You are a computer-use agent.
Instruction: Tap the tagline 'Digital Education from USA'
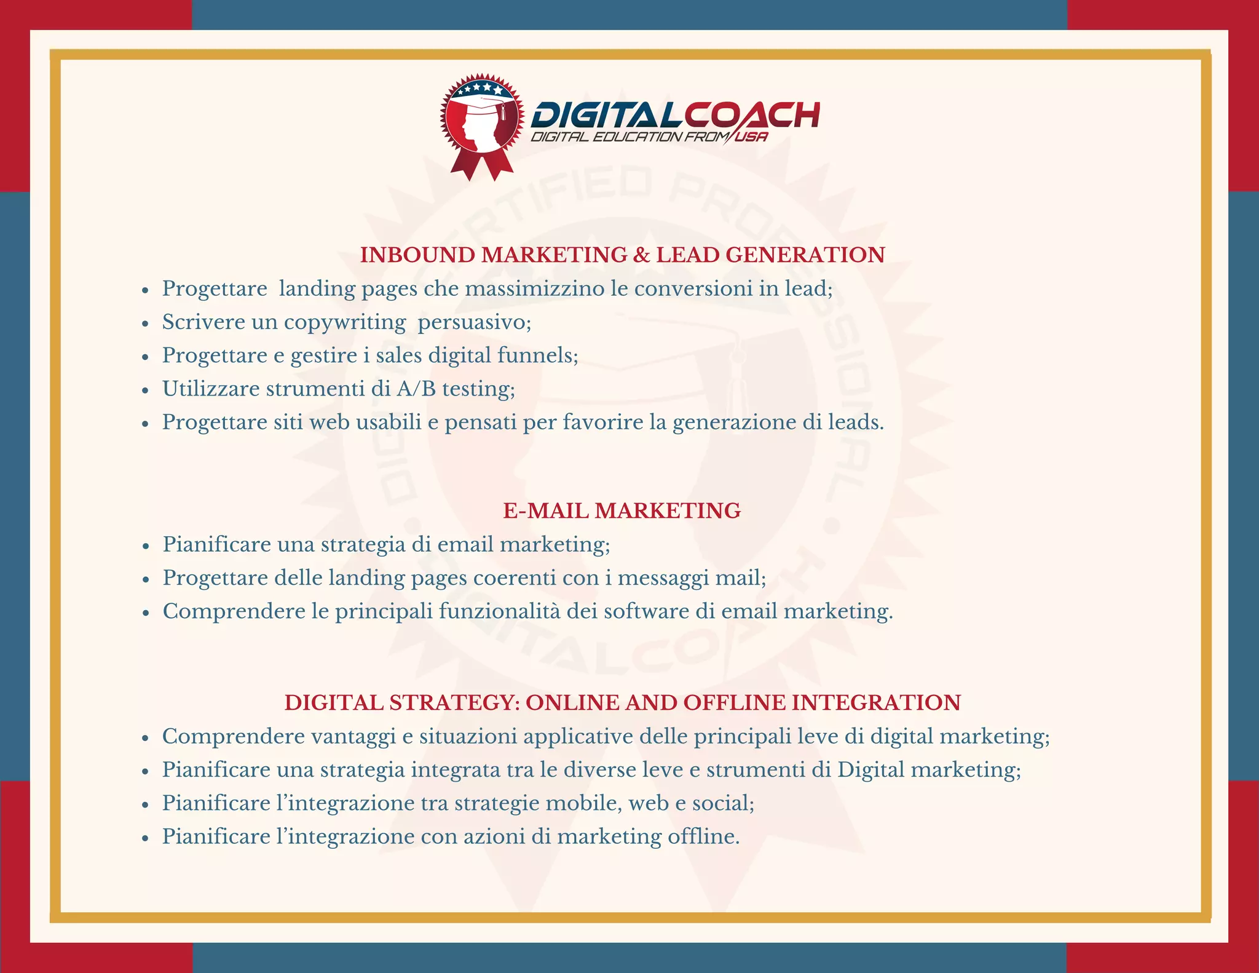(649, 137)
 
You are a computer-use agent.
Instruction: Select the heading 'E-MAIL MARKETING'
(622, 510)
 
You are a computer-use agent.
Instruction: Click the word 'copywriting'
(344, 322)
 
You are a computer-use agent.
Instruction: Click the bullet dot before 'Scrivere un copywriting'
(146, 323)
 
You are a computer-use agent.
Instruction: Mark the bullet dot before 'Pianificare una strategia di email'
(146, 546)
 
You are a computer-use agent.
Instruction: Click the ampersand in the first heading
(641, 255)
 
